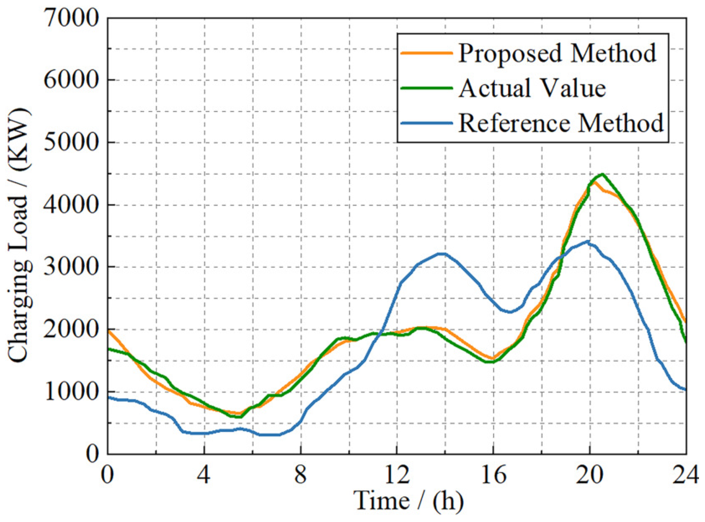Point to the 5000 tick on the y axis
pos(71,142)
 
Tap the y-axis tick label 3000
pos(71,267)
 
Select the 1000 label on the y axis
pos(71,391)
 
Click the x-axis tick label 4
pos(203,475)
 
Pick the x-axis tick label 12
pos(397,475)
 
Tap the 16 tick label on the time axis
pos(493,475)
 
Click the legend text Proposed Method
pos(557,53)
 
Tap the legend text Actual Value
pos(532,88)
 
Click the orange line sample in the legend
pos(427,53)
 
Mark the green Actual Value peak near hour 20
pos(601,174)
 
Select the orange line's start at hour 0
pos(108,330)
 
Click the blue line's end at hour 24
pos(685,389)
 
